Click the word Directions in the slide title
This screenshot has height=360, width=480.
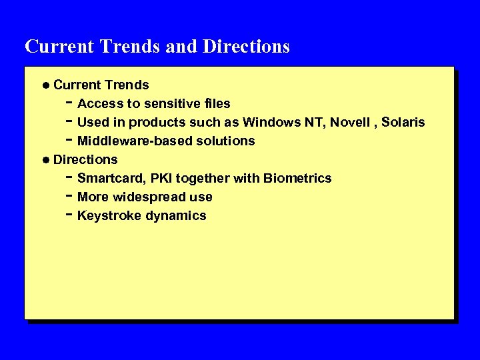pyautogui.click(x=246, y=47)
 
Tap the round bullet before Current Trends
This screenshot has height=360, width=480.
pyautogui.click(x=44, y=85)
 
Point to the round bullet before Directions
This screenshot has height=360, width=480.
pyautogui.click(x=44, y=160)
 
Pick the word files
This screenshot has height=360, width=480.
pyautogui.click(x=216, y=103)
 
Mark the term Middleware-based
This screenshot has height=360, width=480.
pyautogui.click(x=135, y=141)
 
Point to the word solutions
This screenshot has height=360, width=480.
pyautogui.click(x=225, y=141)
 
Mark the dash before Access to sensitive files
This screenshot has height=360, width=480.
pyautogui.click(x=69, y=102)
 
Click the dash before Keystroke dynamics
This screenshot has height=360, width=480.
pyautogui.click(x=69, y=214)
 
